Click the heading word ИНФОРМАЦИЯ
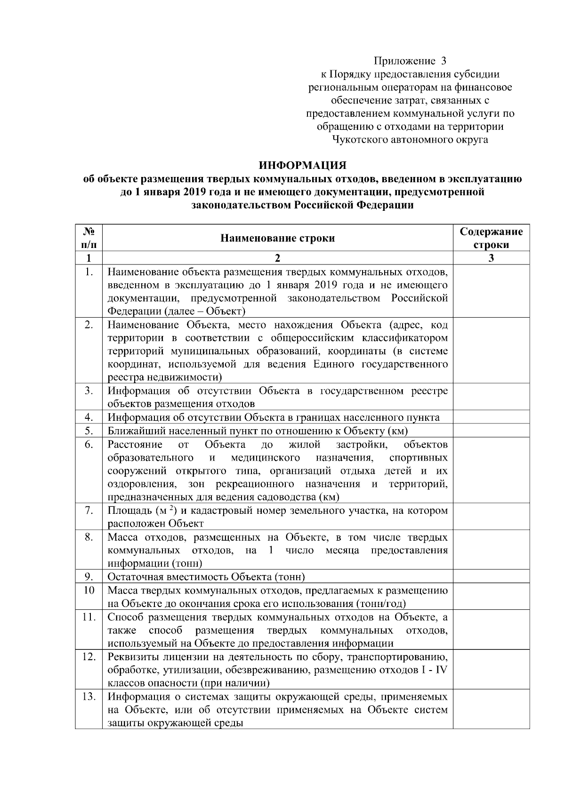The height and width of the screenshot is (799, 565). [x=303, y=166]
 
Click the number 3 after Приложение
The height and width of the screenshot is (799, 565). [x=443, y=61]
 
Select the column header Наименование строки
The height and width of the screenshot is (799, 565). [x=278, y=238]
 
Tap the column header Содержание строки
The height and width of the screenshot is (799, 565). [x=491, y=238]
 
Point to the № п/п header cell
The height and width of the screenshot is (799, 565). [x=89, y=238]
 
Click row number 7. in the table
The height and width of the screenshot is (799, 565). [x=89, y=511]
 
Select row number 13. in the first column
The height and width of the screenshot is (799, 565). [x=89, y=697]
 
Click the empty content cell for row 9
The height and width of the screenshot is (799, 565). [x=491, y=577]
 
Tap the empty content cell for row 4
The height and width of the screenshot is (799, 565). [x=491, y=417]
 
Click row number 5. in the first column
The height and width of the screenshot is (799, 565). [x=89, y=431]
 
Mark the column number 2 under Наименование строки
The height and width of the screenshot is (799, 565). [x=277, y=258]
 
